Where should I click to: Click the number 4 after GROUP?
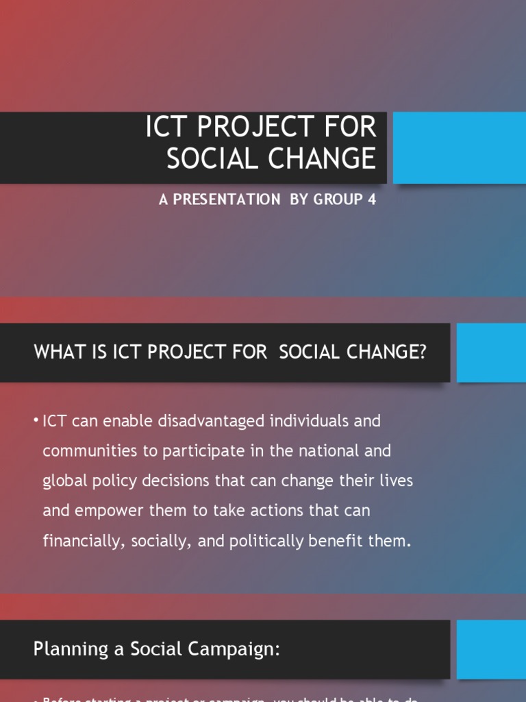pos(373,200)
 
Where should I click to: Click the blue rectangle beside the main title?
pos(460,148)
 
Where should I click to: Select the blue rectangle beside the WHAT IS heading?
pos(491,352)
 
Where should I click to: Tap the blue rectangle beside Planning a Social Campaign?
pos(491,649)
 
